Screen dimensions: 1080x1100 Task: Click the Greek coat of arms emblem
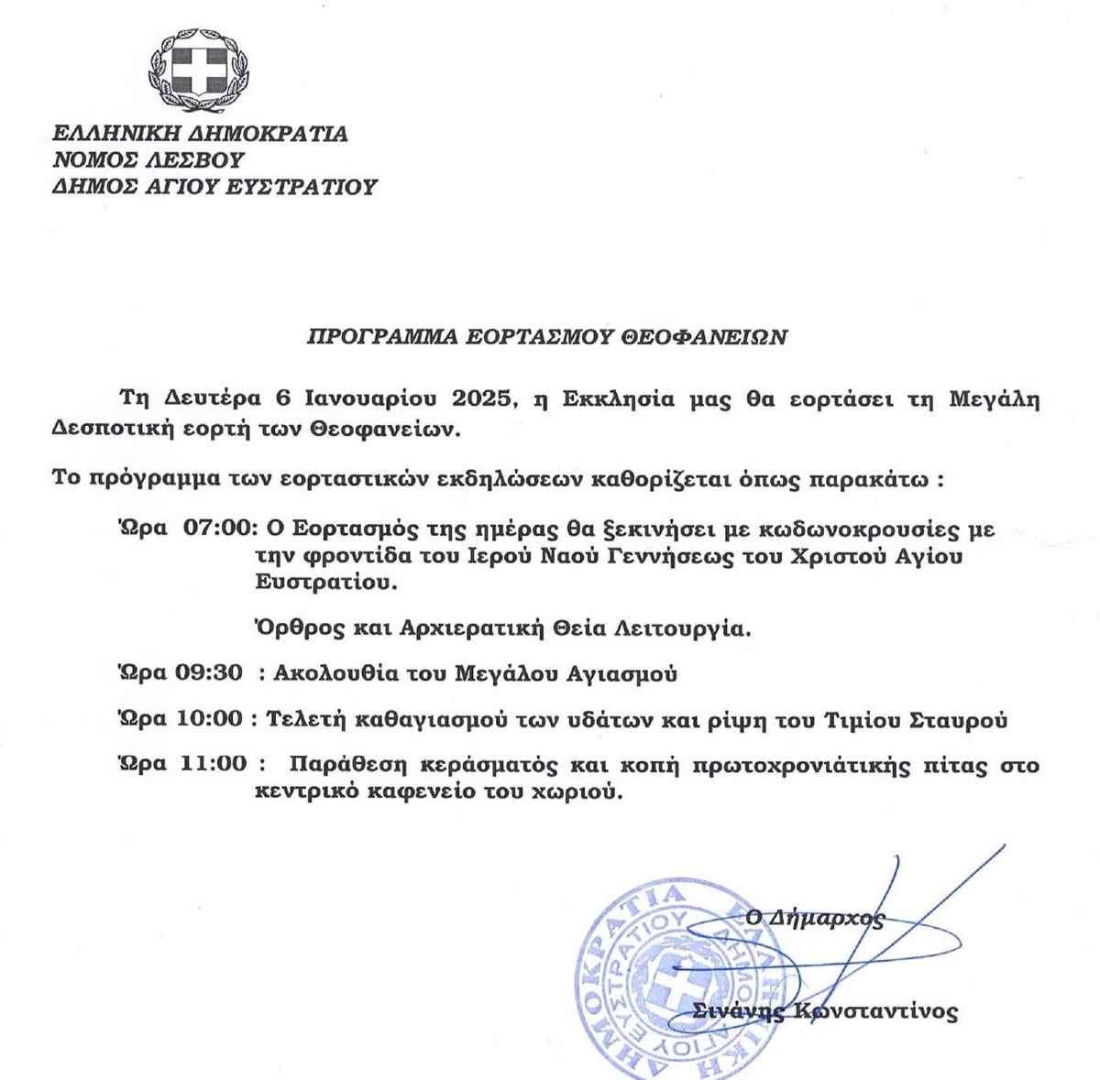[x=202, y=65]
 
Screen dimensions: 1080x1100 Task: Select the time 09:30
[x=213, y=674]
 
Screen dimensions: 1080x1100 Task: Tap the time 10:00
[x=213, y=720]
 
